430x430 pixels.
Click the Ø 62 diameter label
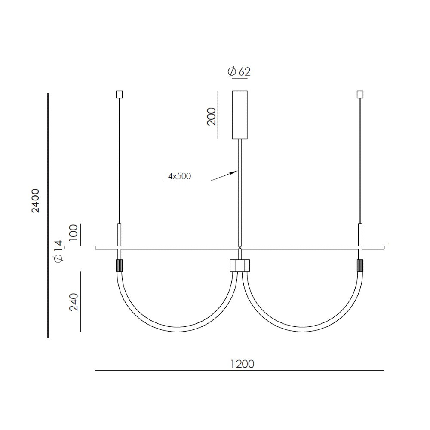pyautogui.click(x=239, y=71)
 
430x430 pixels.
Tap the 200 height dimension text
pyautogui.click(x=212, y=117)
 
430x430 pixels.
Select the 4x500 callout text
pyautogui.click(x=180, y=176)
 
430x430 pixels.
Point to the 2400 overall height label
pyautogui.click(x=35, y=201)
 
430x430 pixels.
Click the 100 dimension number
pyautogui.click(x=74, y=233)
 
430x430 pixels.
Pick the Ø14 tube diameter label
pyautogui.click(x=59, y=252)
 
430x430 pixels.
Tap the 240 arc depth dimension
pyautogui.click(x=74, y=302)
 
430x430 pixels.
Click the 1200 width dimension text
pyautogui.click(x=242, y=364)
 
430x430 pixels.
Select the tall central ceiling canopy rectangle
pyautogui.click(x=240, y=115)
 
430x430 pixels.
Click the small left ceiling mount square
pyautogui.click(x=120, y=95)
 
